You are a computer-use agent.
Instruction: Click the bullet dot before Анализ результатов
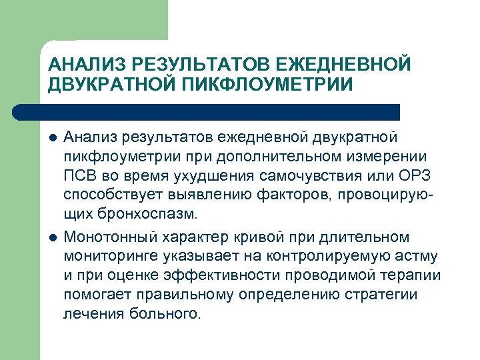[x=52, y=137]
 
